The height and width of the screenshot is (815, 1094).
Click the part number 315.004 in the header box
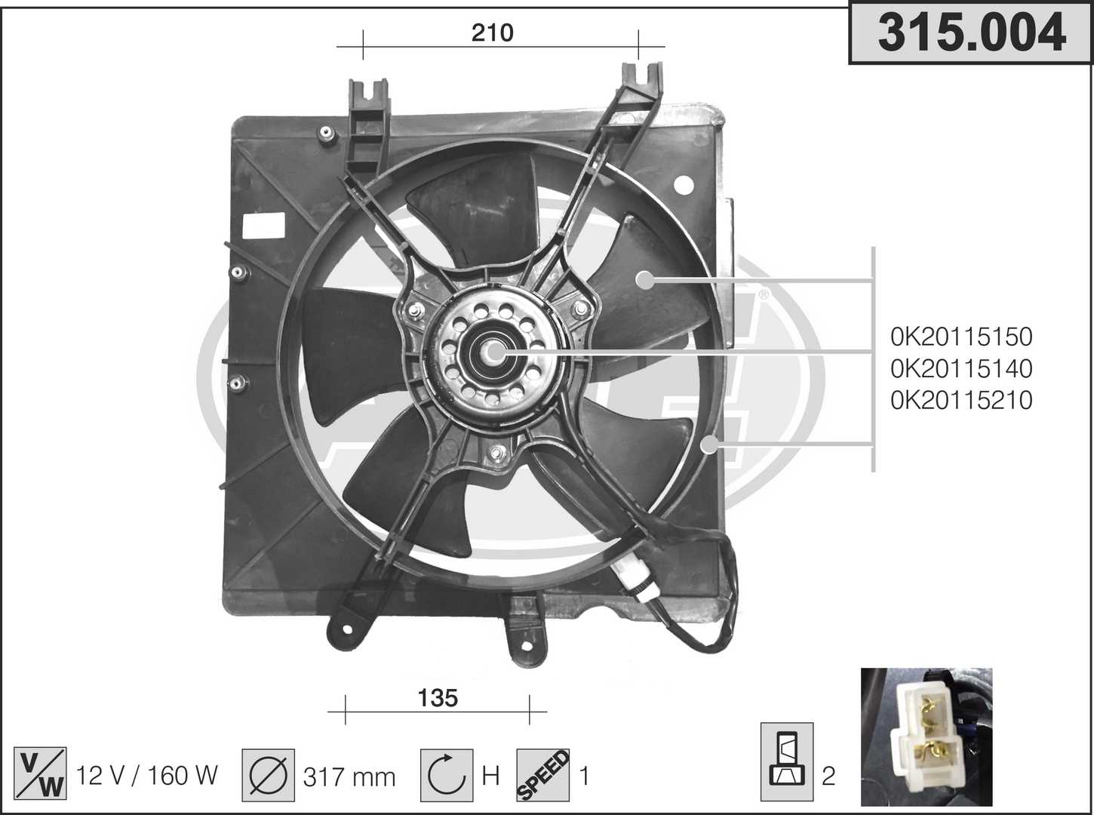[x=971, y=32]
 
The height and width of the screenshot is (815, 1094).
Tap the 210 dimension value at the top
[x=492, y=33]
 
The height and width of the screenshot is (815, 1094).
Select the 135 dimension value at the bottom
[x=438, y=698]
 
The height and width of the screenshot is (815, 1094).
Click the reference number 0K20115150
[x=961, y=337]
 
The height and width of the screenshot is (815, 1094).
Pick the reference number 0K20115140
[x=961, y=368]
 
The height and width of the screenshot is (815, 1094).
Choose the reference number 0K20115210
[x=961, y=400]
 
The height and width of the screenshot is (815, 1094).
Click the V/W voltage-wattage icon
[x=40, y=773]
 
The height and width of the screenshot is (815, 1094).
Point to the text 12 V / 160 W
[x=147, y=775]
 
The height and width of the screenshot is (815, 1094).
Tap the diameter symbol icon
[x=269, y=775]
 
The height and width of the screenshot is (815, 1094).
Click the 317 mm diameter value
[x=349, y=777]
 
